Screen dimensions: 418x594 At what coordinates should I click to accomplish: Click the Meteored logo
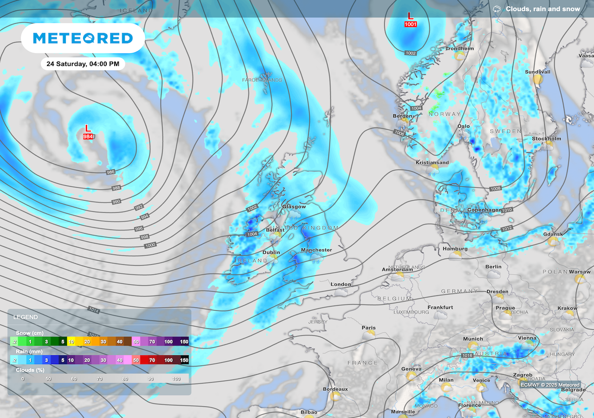83,38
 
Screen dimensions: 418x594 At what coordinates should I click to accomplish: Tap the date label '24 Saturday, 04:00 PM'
83,64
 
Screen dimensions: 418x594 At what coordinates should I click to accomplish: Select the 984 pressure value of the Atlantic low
88,137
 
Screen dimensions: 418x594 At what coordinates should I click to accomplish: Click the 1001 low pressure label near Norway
411,24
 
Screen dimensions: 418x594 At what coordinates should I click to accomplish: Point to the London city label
341,284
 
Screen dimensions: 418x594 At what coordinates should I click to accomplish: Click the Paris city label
369,328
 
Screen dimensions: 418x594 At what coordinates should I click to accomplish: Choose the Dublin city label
271,253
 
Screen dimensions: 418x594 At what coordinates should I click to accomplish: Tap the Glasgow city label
294,207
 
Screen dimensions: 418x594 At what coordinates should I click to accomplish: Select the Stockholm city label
547,139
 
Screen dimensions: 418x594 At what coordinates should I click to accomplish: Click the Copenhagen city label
484,210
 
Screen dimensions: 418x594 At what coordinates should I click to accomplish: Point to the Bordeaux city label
335,389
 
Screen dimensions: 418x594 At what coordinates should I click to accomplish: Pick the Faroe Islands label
262,80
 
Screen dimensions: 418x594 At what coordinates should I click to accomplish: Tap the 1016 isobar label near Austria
468,356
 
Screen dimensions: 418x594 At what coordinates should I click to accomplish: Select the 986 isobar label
110,172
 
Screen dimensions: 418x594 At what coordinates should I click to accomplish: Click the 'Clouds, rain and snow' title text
542,9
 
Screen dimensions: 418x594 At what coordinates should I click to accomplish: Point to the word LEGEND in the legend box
26,317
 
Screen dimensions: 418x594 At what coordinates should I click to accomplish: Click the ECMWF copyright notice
550,385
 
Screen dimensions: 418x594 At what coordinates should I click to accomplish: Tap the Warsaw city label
580,272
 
